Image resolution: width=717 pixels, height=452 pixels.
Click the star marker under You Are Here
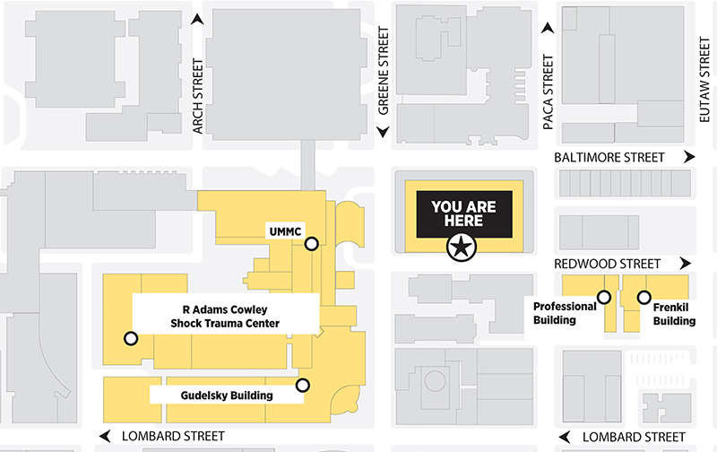click(x=461, y=248)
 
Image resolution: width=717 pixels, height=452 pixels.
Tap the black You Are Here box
click(x=457, y=213)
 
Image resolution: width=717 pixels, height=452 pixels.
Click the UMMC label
click(x=285, y=230)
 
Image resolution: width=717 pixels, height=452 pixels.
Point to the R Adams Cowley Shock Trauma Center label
click(x=226, y=317)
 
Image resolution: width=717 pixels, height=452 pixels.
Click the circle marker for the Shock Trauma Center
click(x=131, y=338)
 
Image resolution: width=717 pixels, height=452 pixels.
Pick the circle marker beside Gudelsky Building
click(x=303, y=386)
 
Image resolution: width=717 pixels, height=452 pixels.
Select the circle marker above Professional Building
click(x=604, y=297)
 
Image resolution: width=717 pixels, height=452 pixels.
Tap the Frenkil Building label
click(x=674, y=313)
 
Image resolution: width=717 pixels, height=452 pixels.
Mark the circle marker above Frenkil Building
click(x=644, y=297)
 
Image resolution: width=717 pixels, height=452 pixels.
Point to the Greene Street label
click(x=384, y=73)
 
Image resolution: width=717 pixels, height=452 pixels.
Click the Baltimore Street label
click(x=609, y=157)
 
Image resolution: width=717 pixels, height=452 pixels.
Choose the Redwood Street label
click(x=608, y=264)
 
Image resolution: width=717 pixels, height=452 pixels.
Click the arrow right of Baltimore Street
click(x=688, y=157)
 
